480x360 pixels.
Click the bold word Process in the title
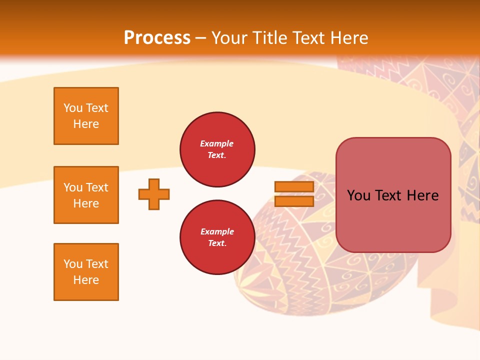pos(157,37)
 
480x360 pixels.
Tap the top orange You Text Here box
pos(86,116)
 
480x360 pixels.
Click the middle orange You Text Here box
pos(86,195)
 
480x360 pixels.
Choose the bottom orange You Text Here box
pos(86,272)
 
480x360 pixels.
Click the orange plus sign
pos(154,194)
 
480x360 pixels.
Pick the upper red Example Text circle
pos(217,149)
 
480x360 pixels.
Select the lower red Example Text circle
pos(217,237)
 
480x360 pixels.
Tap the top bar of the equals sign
pos(294,187)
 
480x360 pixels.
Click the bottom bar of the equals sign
pos(294,201)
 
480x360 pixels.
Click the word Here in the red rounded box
pos(422,195)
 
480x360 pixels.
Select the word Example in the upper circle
pos(217,143)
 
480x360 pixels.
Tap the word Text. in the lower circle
pos(217,243)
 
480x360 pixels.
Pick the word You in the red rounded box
pos(358,195)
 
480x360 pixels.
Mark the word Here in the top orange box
pos(86,124)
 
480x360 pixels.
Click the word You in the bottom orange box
pos(73,264)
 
